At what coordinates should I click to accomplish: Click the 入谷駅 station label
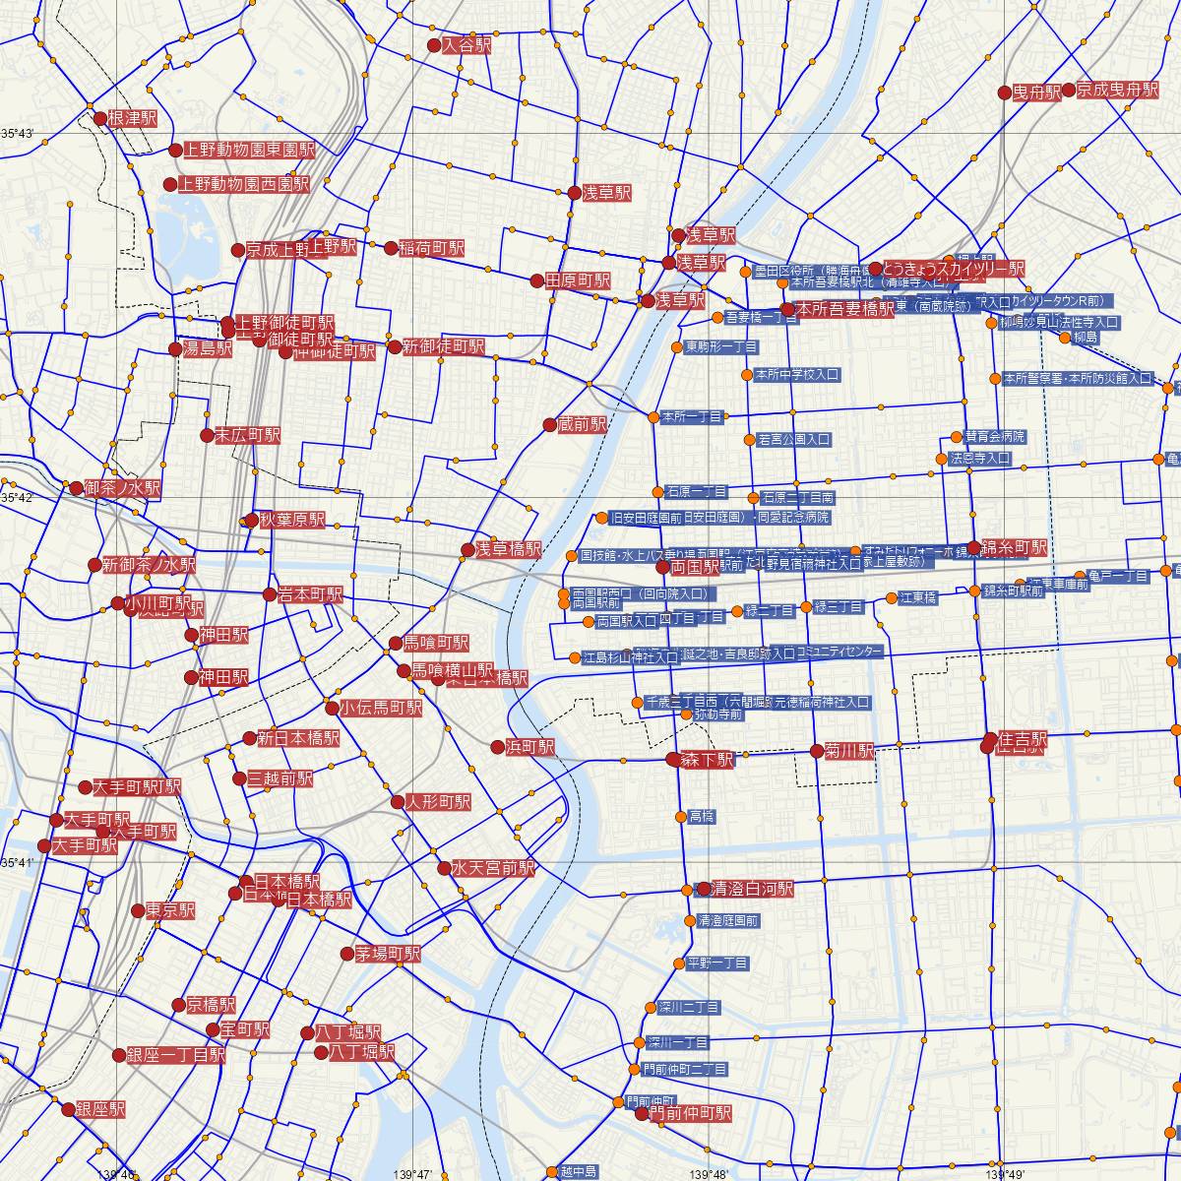(466, 45)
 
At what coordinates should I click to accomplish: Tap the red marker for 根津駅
(99, 118)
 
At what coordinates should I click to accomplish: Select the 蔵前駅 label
(582, 425)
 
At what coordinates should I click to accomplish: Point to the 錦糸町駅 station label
(1014, 547)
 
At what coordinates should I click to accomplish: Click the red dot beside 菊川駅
(816, 751)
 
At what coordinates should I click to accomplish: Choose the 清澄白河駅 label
(752, 889)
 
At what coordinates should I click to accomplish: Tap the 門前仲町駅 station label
(693, 1114)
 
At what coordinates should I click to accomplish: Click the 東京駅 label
(169, 910)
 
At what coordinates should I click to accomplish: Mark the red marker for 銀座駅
(68, 1109)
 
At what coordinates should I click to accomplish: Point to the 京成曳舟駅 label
(1118, 90)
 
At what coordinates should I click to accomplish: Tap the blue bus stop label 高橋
(702, 817)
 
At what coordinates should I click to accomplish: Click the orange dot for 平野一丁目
(678, 963)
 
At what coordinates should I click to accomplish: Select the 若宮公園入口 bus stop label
(794, 439)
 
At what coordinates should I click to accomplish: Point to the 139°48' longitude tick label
(711, 1174)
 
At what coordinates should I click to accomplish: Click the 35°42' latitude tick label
(18, 498)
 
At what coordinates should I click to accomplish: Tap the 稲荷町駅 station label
(431, 248)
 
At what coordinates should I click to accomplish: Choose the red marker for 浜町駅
(498, 747)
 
